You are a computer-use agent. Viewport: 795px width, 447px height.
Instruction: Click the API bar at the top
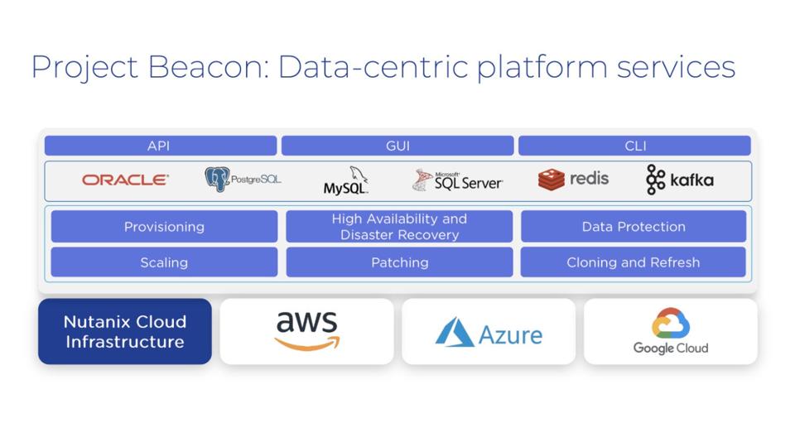pos(160,146)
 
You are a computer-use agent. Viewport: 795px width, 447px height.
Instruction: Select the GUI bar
pos(397,146)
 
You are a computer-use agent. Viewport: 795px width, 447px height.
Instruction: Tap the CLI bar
pos(634,146)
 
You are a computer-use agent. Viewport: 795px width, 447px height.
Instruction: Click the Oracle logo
pos(125,180)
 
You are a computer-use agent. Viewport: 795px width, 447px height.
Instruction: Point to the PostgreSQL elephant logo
pos(218,179)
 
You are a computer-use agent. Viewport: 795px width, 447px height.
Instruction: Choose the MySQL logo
pos(346,181)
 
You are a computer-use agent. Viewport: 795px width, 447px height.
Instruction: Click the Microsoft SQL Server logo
pos(457,180)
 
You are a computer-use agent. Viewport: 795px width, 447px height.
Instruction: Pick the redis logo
pos(573,179)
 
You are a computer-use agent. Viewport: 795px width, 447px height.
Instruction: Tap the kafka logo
pos(679,180)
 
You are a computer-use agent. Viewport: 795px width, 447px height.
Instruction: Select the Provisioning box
pos(164,227)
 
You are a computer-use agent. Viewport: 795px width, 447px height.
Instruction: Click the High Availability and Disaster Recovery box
pos(399,227)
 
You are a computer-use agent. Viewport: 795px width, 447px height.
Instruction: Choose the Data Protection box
pos(634,227)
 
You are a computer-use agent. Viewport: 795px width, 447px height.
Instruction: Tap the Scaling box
pos(164,262)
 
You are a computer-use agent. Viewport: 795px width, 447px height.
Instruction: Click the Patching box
pos(399,262)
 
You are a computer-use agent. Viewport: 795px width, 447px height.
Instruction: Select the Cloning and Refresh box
pos(634,262)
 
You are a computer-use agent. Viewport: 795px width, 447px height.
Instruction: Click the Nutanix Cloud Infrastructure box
pos(125,332)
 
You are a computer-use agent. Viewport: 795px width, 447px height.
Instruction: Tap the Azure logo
pos(489,333)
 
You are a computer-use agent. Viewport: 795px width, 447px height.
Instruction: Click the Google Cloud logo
pos(671,332)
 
